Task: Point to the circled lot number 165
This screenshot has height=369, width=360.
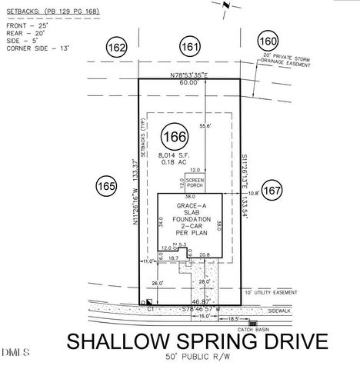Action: point(106,184)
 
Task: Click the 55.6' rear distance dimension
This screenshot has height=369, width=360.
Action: point(206,125)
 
